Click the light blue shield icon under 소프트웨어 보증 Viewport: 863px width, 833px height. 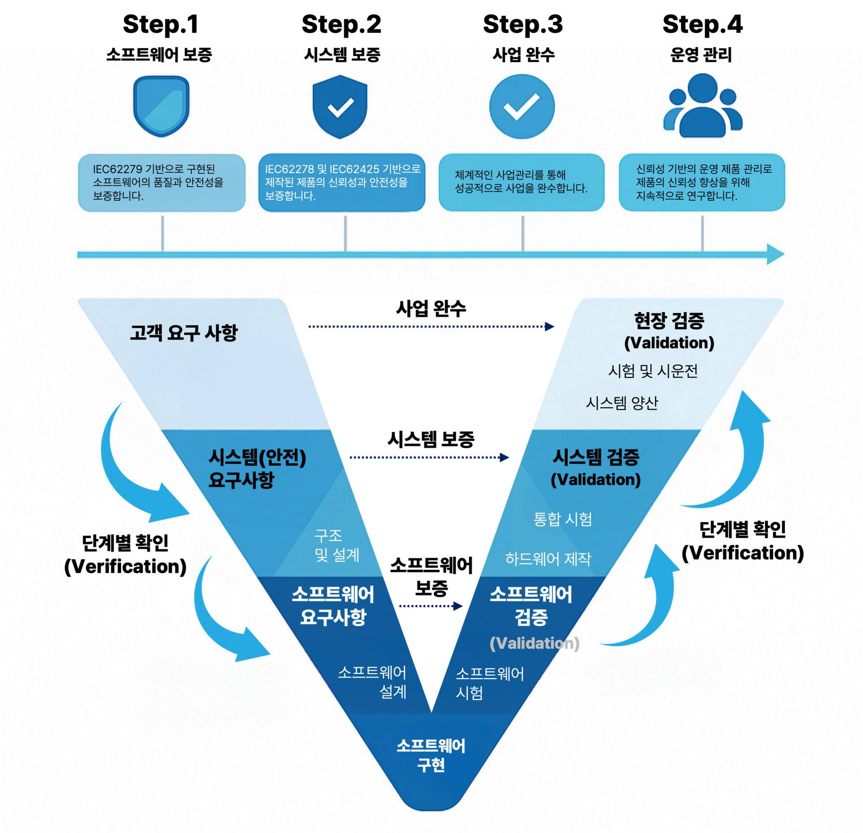[x=161, y=106]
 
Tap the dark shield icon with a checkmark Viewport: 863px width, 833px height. [x=340, y=107]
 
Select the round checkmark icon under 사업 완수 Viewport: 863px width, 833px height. [x=521, y=107]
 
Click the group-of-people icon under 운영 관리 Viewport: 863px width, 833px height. [x=703, y=107]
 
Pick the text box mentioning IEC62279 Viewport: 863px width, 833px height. [x=161, y=182]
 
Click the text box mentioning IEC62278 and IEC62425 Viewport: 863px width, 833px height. [x=342, y=182]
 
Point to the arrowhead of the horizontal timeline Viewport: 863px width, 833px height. [x=775, y=255]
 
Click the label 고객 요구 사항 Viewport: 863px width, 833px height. [x=183, y=333]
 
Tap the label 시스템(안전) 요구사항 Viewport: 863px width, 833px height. [x=257, y=469]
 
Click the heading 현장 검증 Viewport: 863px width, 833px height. [x=669, y=321]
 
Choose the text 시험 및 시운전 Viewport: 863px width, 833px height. [x=653, y=371]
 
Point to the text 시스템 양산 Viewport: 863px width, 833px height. [x=622, y=403]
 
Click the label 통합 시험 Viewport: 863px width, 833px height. [x=562, y=519]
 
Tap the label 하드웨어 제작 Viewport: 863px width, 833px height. [x=548, y=559]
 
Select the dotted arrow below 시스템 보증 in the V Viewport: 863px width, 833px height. [x=429, y=457]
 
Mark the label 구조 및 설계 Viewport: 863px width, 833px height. [x=336, y=545]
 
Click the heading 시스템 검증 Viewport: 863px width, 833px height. [x=596, y=457]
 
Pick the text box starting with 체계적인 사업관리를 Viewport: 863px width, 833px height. [x=521, y=182]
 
